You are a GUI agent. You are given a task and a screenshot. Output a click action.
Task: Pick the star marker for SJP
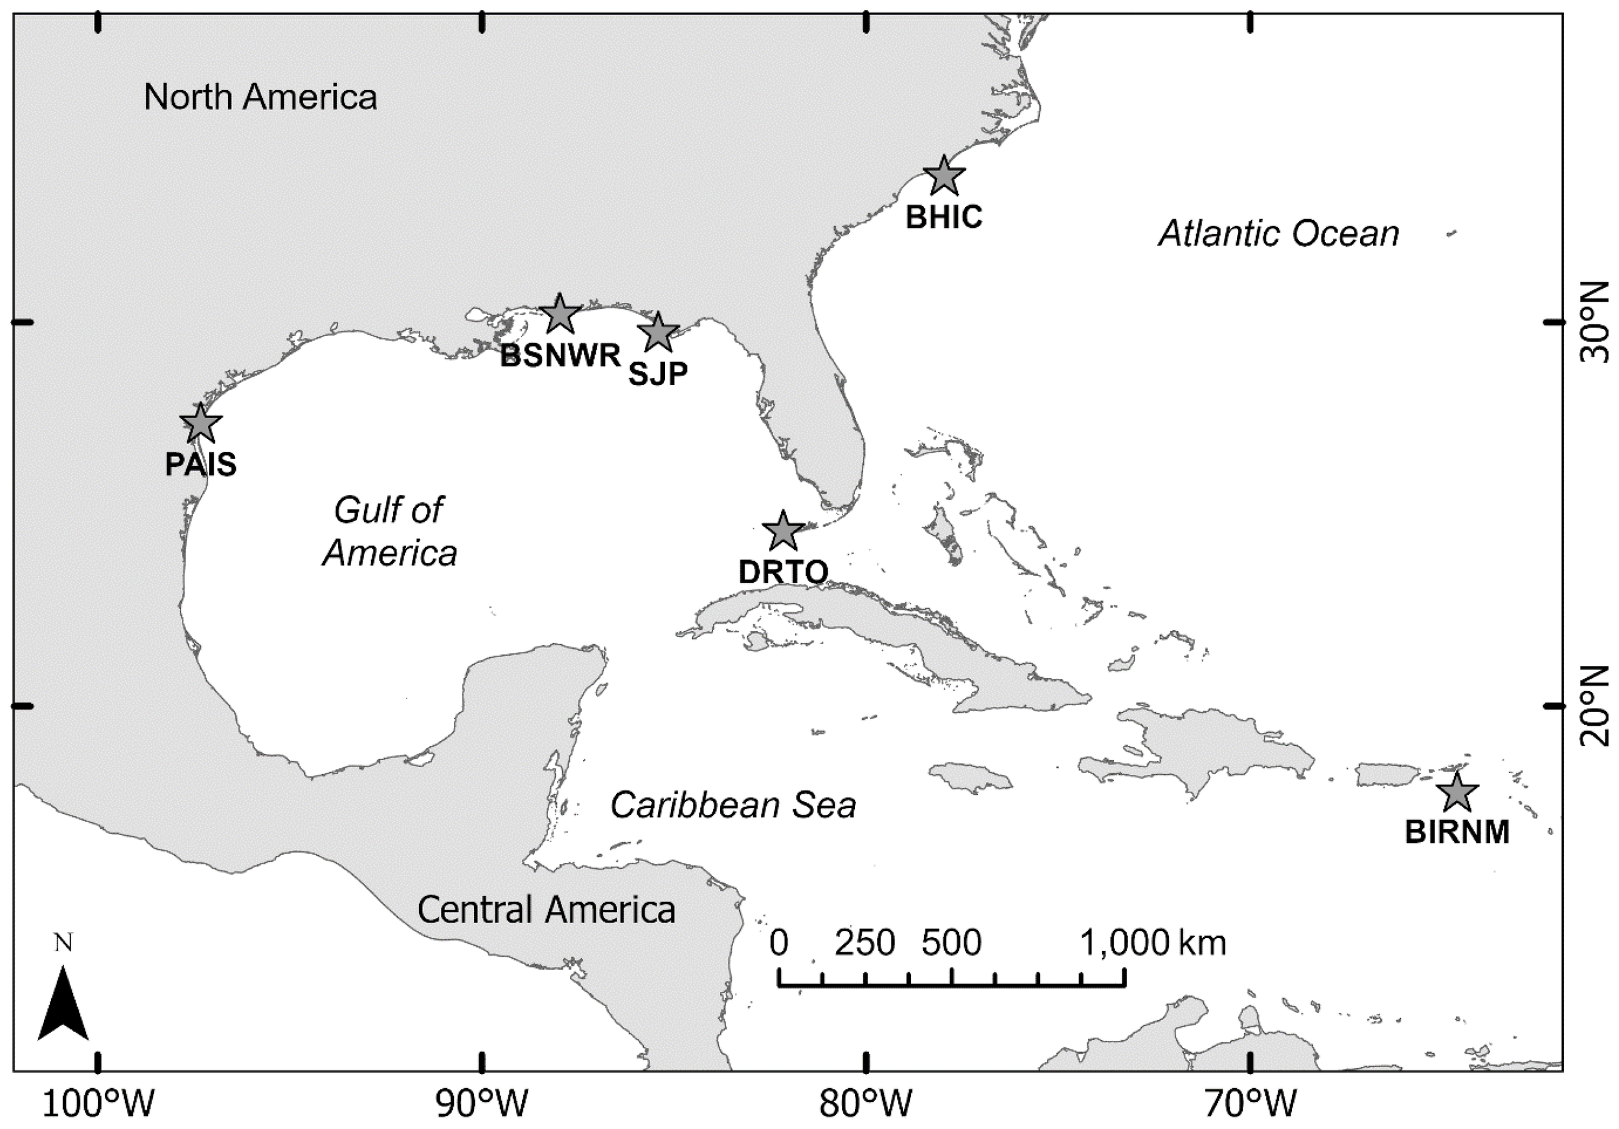pos(658,333)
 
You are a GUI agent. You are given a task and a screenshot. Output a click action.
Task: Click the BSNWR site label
pos(561,357)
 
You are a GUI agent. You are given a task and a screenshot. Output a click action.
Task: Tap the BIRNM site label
pos(1457,833)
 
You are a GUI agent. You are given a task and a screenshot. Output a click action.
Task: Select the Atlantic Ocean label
pos(1278,234)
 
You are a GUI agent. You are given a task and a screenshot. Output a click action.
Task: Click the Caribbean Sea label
pos(732,805)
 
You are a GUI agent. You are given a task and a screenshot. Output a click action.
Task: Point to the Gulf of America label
pos(390,532)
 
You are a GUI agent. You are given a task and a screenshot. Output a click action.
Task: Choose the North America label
pos(260,97)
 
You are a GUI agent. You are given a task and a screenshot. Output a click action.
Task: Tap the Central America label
pos(547,910)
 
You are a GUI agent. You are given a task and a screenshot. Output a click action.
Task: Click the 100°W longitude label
pos(98,1104)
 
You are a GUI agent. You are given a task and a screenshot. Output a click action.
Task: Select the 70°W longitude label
pos(1251,1104)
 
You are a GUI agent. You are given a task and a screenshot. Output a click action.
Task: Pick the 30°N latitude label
pos(1595,322)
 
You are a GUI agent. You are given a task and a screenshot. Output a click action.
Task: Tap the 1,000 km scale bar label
pos(1153,943)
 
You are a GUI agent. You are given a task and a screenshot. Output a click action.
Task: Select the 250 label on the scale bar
pos(865,943)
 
